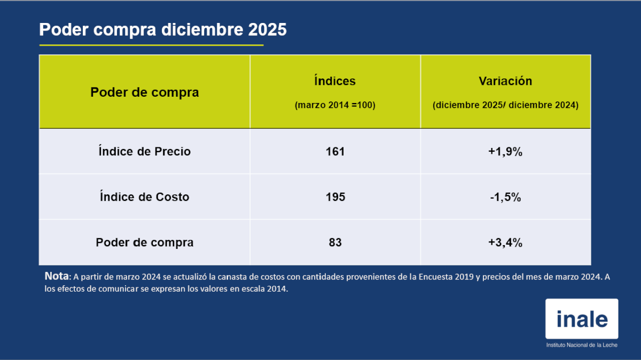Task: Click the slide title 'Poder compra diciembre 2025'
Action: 163,30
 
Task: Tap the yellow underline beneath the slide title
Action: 151,45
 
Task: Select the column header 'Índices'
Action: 335,81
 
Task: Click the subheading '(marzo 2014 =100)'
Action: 335,105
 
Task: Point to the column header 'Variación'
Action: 505,81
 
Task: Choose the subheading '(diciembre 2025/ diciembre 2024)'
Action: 505,105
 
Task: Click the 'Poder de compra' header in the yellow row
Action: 144,92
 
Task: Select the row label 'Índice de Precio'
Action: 144,152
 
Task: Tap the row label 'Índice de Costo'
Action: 144,197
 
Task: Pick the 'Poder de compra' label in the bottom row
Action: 144,242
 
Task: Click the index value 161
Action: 335,152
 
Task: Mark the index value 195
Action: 335,197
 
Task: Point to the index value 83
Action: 335,242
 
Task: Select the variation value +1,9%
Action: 505,152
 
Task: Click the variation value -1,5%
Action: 505,197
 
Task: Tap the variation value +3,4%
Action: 505,242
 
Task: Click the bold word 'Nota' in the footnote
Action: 57,277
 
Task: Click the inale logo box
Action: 581,318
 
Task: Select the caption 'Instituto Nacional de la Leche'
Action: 581,346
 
